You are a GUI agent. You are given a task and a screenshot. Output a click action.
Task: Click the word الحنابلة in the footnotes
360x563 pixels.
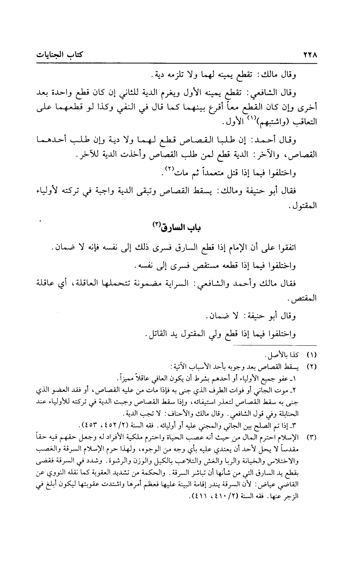tap(304, 413)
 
